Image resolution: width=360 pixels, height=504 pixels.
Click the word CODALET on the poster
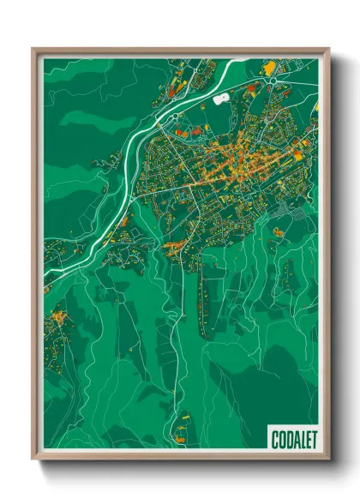(291, 438)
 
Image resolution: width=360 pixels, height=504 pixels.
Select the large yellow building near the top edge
(269, 65)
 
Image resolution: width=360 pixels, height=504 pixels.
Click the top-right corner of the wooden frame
(327, 50)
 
